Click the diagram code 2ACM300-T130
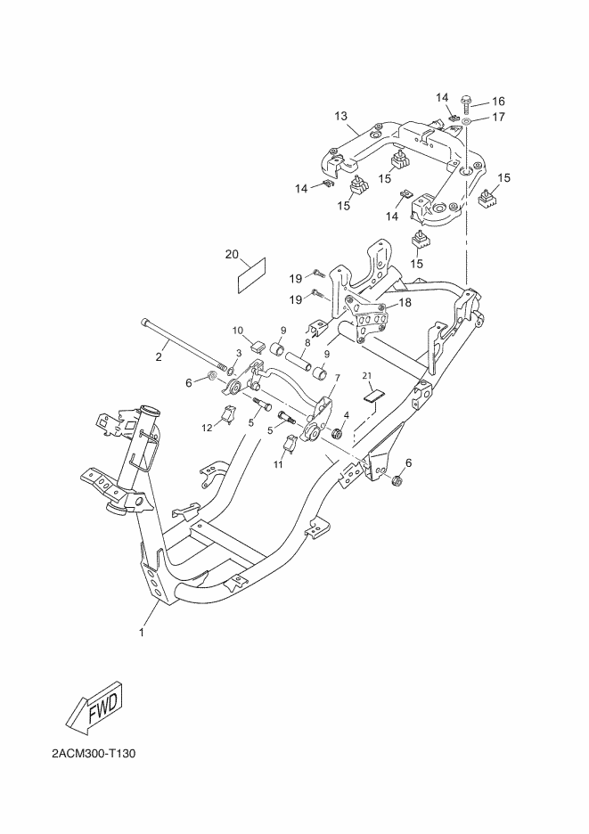tap(93, 754)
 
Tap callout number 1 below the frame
tap(142, 633)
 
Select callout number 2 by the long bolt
tap(159, 357)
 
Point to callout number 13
tap(341, 116)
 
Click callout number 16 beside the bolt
tap(498, 101)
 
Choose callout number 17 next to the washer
tap(498, 117)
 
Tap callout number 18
tap(405, 303)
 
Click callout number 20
tap(232, 254)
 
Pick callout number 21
tap(366, 375)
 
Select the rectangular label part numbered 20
tap(251, 275)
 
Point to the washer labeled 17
tap(466, 123)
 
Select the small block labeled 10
tap(258, 347)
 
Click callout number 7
tap(337, 377)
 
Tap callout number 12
tap(208, 427)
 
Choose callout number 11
tap(278, 464)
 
